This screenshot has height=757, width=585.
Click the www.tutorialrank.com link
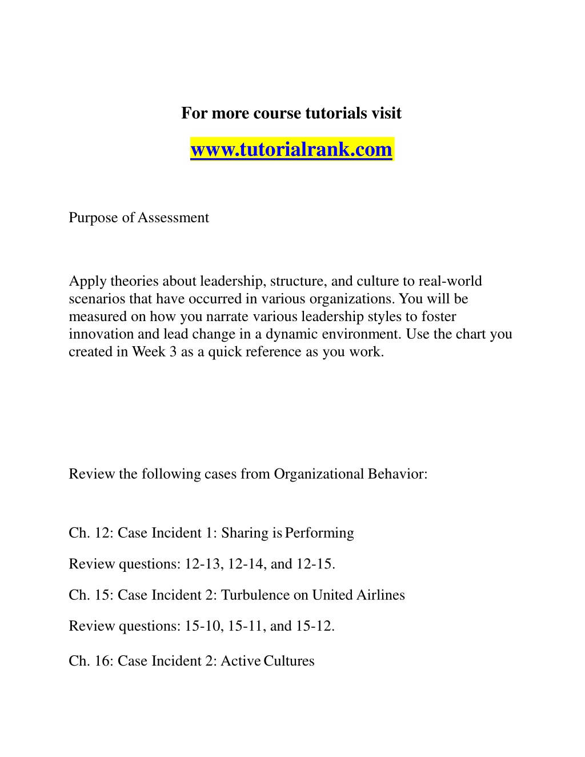click(x=291, y=150)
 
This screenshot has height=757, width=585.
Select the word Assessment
click(x=173, y=218)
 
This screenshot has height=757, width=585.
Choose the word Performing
click(x=319, y=533)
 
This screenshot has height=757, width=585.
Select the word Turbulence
click(x=255, y=595)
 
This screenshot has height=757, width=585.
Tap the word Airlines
click(x=380, y=595)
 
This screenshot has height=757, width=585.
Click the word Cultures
click(x=289, y=661)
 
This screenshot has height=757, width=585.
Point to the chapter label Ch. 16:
click(x=91, y=661)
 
